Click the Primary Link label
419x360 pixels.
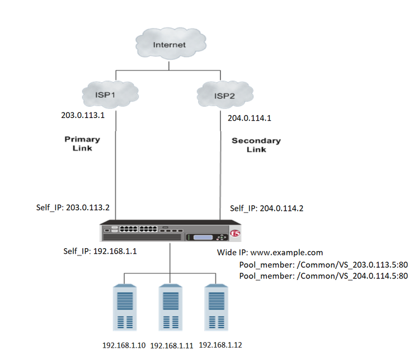(x=82, y=144)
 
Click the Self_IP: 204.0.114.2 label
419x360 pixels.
(x=266, y=209)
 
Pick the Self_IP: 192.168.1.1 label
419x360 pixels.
(x=100, y=251)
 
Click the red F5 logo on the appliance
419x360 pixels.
(x=236, y=231)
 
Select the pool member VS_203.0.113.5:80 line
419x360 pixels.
(x=323, y=264)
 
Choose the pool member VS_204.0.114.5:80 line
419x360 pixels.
(x=323, y=276)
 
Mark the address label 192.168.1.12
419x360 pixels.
(x=221, y=345)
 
